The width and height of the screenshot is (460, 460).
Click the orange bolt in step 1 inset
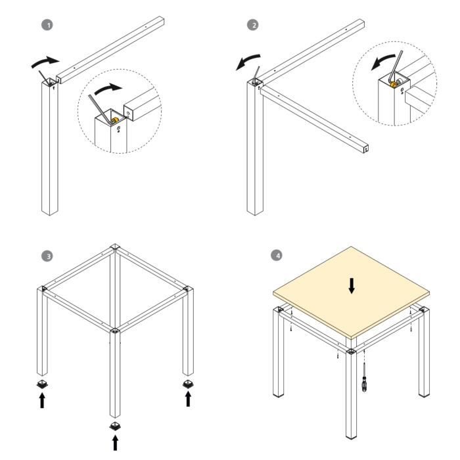click(x=114, y=120)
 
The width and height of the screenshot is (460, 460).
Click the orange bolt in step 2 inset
click(x=394, y=83)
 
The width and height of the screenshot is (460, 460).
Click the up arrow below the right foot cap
click(x=189, y=399)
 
